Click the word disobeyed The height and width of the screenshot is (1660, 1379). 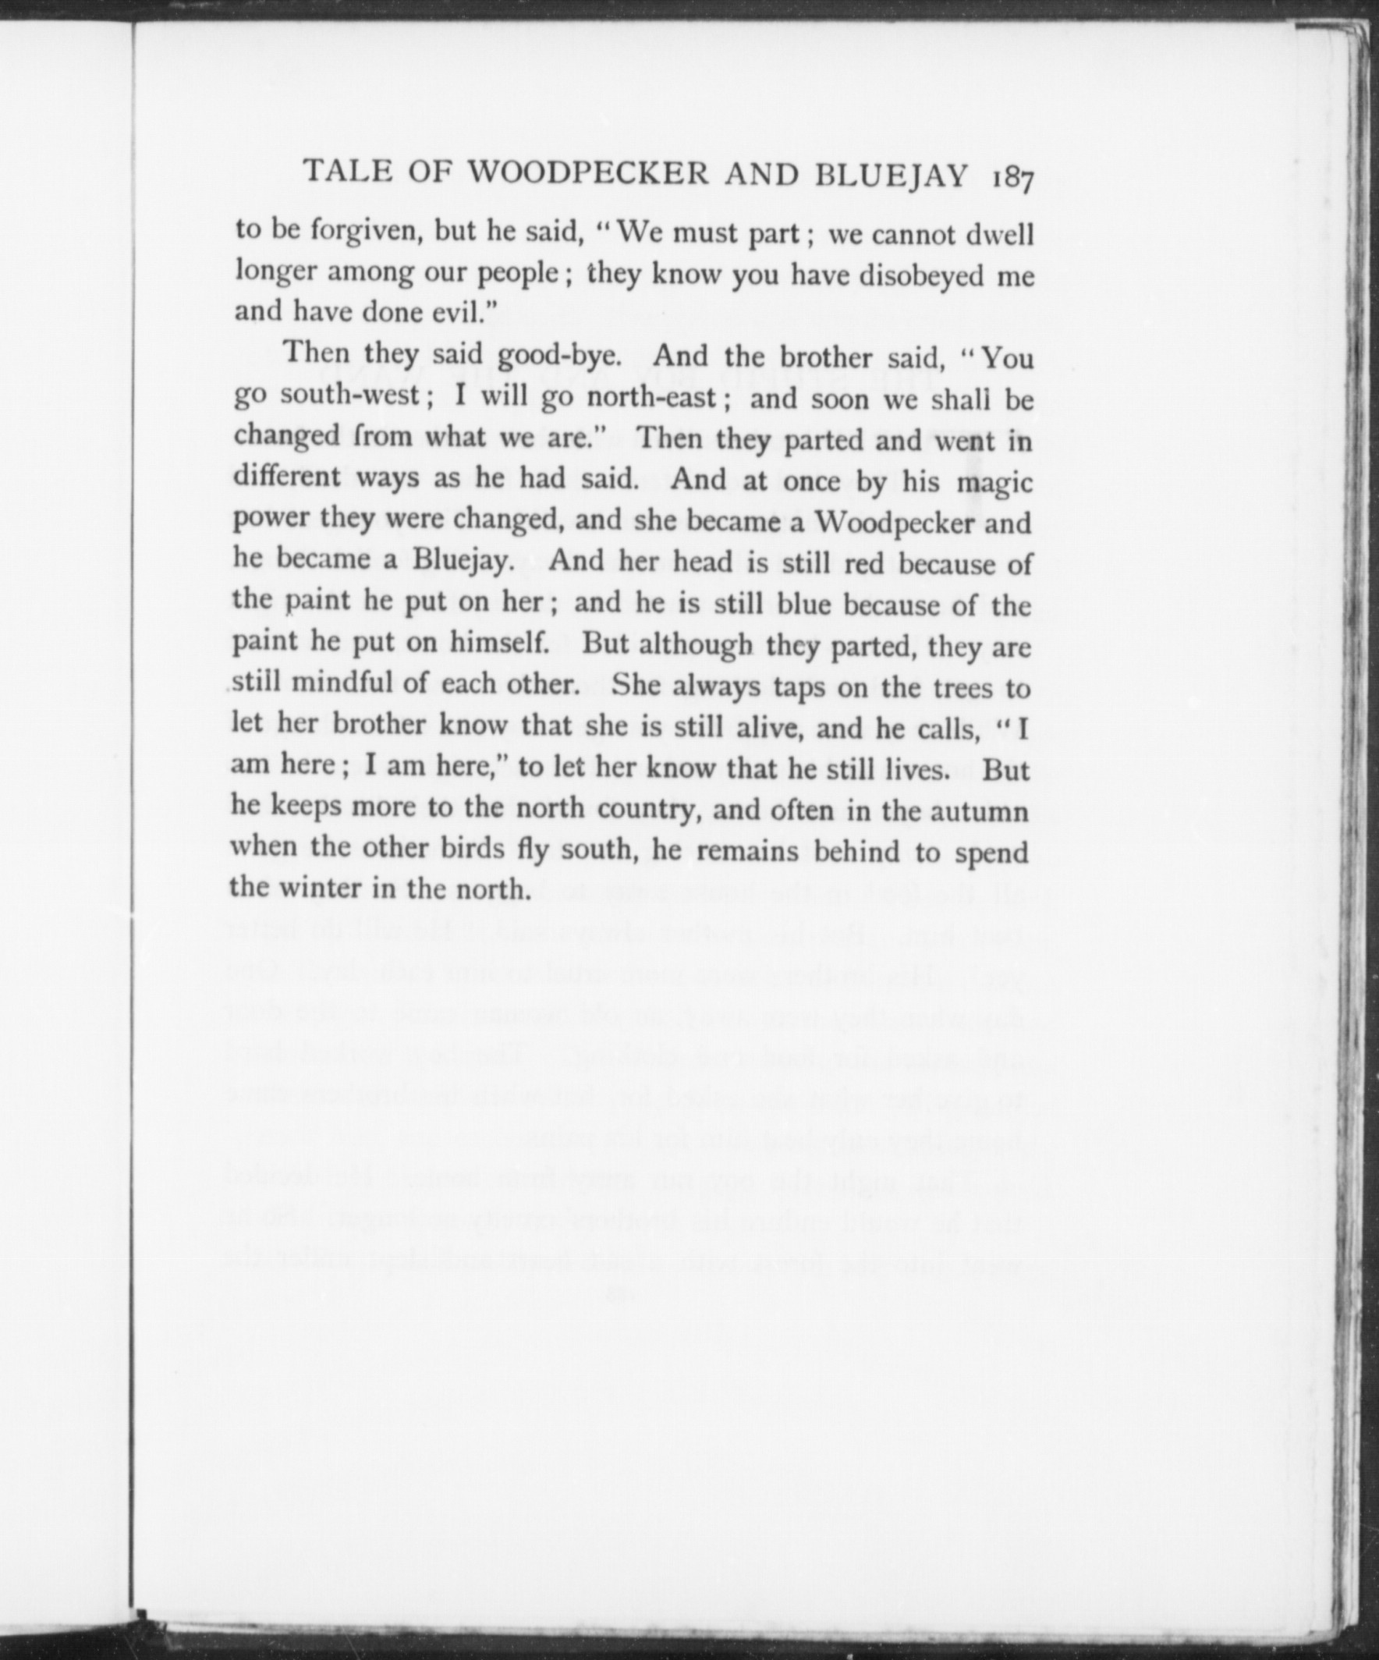(x=923, y=276)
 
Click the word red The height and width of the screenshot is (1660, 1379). (x=868, y=565)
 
